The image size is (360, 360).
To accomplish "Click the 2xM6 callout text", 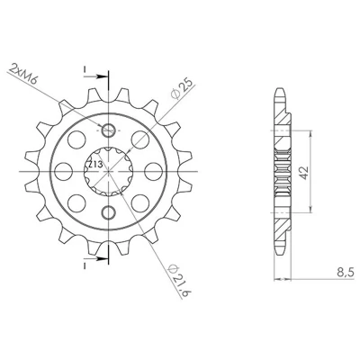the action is point(22,73).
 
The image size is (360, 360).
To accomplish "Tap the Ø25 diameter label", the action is point(182,88).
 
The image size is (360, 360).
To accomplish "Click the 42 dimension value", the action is point(304,172).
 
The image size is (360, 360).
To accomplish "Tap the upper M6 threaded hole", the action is point(108,130).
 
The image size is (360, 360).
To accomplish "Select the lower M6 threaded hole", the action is point(108,212).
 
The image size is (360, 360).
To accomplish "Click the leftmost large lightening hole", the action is point(64,172).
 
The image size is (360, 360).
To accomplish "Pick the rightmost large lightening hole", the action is point(153,172).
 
